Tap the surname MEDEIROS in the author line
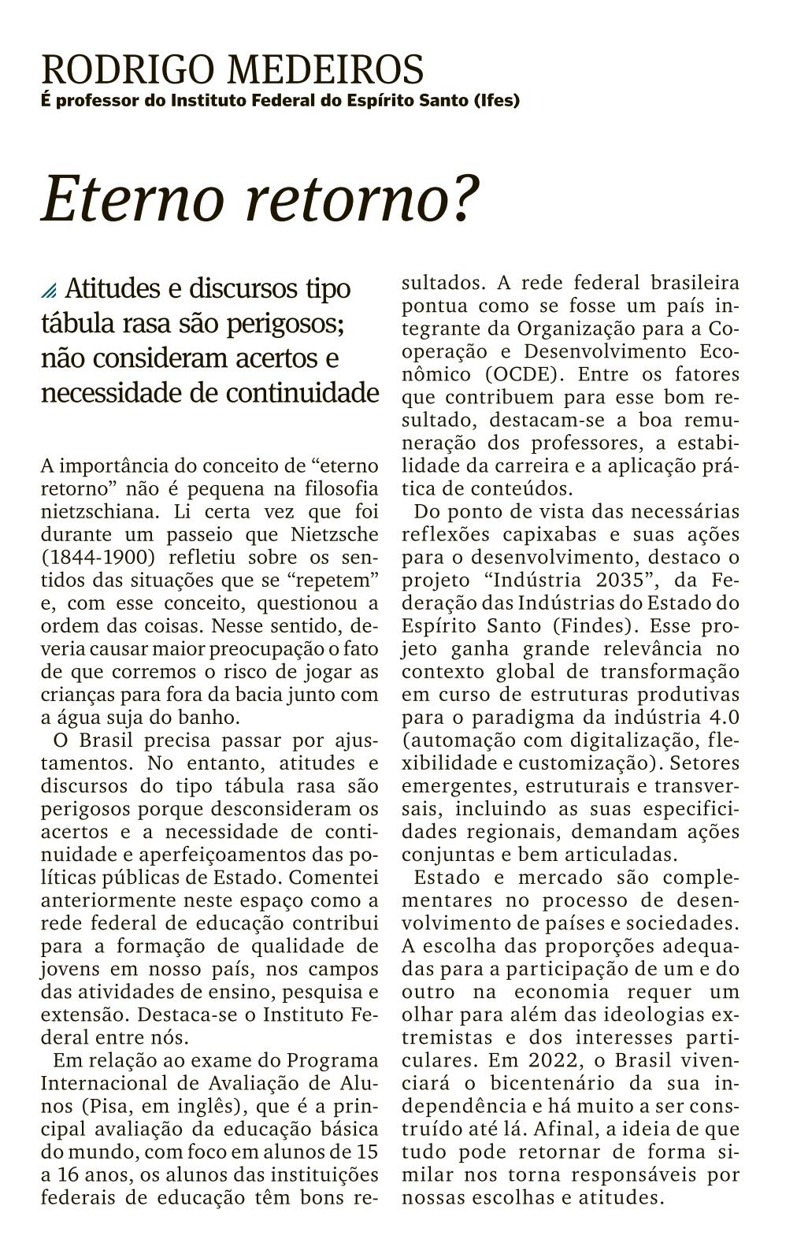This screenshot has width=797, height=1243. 325,70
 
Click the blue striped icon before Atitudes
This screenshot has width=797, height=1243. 49,291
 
